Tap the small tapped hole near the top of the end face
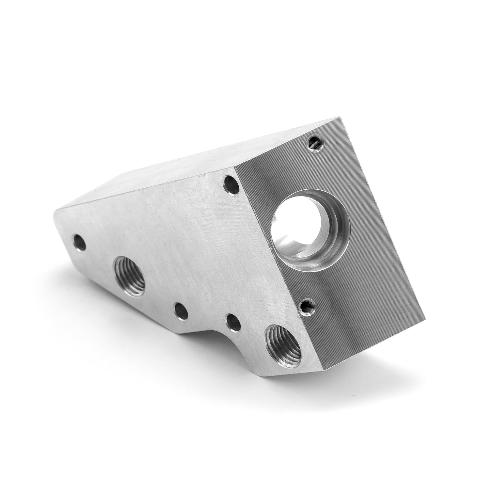tap(314, 142)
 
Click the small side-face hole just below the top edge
tap(232, 185)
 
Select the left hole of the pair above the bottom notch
tap(180, 311)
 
